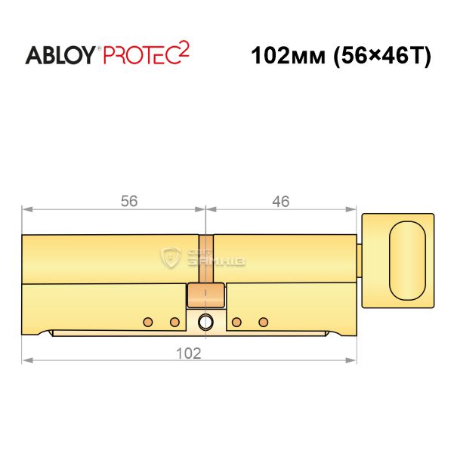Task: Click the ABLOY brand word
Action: click(x=60, y=55)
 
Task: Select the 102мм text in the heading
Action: click(x=288, y=56)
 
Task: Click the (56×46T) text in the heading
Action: click(x=382, y=56)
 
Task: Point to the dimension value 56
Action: click(x=129, y=201)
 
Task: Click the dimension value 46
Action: click(x=280, y=201)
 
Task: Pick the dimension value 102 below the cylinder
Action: click(x=189, y=354)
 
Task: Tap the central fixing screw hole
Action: click(x=205, y=323)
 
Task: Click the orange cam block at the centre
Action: click(x=205, y=295)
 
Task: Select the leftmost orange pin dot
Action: click(x=148, y=322)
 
